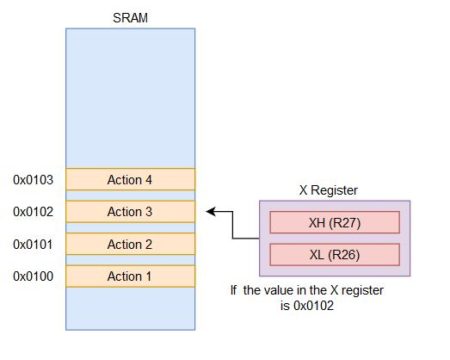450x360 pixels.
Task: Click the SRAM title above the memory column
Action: tap(130, 17)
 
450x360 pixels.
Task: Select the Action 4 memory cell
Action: tap(130, 180)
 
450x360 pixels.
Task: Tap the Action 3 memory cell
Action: tap(130, 212)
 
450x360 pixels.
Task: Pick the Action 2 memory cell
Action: tap(130, 244)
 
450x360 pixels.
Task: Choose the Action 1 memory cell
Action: tap(130, 276)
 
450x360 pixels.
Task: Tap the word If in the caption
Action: tap(235, 290)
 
